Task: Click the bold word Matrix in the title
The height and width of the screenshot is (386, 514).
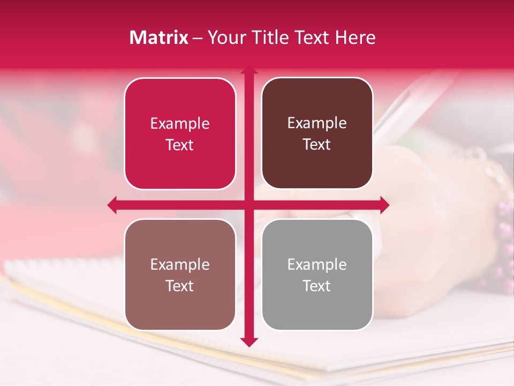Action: point(158,38)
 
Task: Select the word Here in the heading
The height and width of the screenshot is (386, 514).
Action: point(355,38)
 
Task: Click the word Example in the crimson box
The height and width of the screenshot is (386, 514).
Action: point(180,123)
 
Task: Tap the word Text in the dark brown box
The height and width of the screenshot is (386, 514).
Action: point(317,145)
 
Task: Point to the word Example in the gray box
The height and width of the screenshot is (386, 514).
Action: point(317,264)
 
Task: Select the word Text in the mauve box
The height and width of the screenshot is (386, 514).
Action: point(180,286)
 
